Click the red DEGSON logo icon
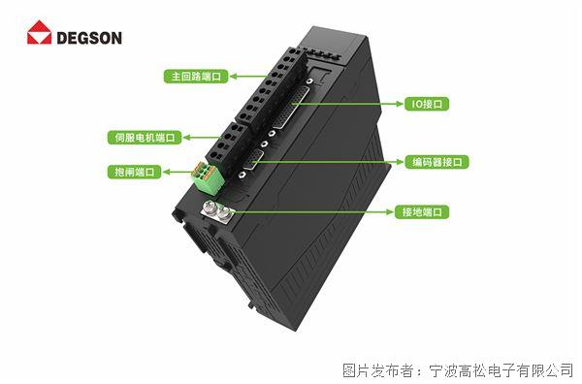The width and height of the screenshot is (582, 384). [39, 32]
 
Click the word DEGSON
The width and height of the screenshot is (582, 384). [89, 38]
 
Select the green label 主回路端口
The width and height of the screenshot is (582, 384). [196, 77]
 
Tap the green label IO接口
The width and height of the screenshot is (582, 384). [427, 104]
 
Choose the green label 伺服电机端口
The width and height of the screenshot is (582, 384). [145, 138]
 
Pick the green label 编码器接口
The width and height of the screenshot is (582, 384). [436, 162]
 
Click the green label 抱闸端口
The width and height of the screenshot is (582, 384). [135, 172]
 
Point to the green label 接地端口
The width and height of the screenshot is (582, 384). [422, 211]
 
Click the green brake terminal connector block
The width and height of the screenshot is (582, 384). [208, 177]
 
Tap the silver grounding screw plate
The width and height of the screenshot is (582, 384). [216, 212]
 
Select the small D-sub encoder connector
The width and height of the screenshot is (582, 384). [253, 160]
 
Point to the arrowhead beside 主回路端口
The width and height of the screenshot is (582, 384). [234, 77]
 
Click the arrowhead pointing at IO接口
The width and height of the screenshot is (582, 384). [400, 104]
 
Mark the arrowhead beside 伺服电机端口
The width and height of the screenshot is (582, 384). [187, 138]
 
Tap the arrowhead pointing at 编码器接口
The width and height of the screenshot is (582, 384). [400, 162]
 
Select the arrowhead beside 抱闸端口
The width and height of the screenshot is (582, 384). [167, 173]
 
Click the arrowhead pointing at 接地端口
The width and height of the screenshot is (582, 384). [390, 212]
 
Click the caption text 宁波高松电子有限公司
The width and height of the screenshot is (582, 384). [501, 370]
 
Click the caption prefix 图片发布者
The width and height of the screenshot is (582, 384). [377, 370]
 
